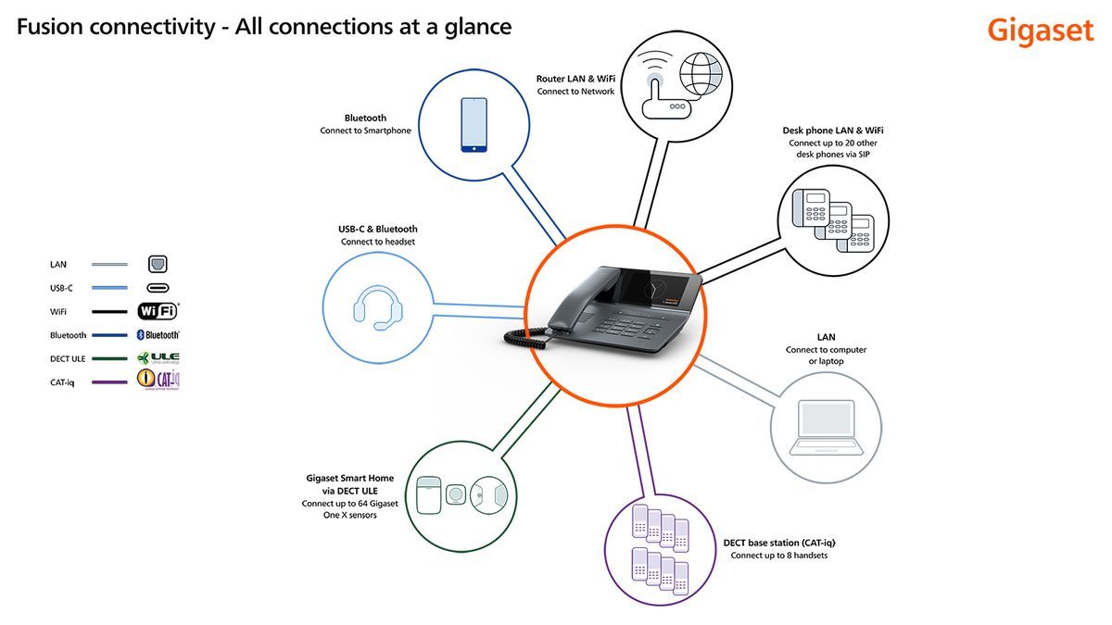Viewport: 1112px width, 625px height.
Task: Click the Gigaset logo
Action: (x=1040, y=30)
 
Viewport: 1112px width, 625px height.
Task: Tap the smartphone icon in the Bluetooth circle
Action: (x=474, y=124)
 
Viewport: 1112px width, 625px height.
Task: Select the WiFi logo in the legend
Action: (x=158, y=311)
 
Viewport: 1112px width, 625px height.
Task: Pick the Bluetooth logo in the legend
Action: (x=158, y=335)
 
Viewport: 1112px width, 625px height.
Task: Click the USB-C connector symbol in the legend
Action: (x=158, y=288)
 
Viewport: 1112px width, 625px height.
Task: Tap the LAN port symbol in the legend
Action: (x=158, y=265)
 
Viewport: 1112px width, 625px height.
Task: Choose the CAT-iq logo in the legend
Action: (x=158, y=380)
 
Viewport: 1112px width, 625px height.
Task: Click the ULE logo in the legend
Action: (x=158, y=358)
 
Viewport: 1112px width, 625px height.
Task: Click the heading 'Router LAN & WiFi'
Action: (x=575, y=79)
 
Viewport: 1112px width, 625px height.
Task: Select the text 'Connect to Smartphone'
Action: (x=365, y=131)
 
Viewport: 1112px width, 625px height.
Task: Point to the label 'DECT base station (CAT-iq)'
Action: (x=786, y=543)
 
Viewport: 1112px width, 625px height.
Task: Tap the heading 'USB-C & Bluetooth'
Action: (x=377, y=229)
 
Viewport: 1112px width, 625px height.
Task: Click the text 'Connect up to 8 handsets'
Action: (x=778, y=556)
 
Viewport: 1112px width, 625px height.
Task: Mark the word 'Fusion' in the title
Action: (x=50, y=27)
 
